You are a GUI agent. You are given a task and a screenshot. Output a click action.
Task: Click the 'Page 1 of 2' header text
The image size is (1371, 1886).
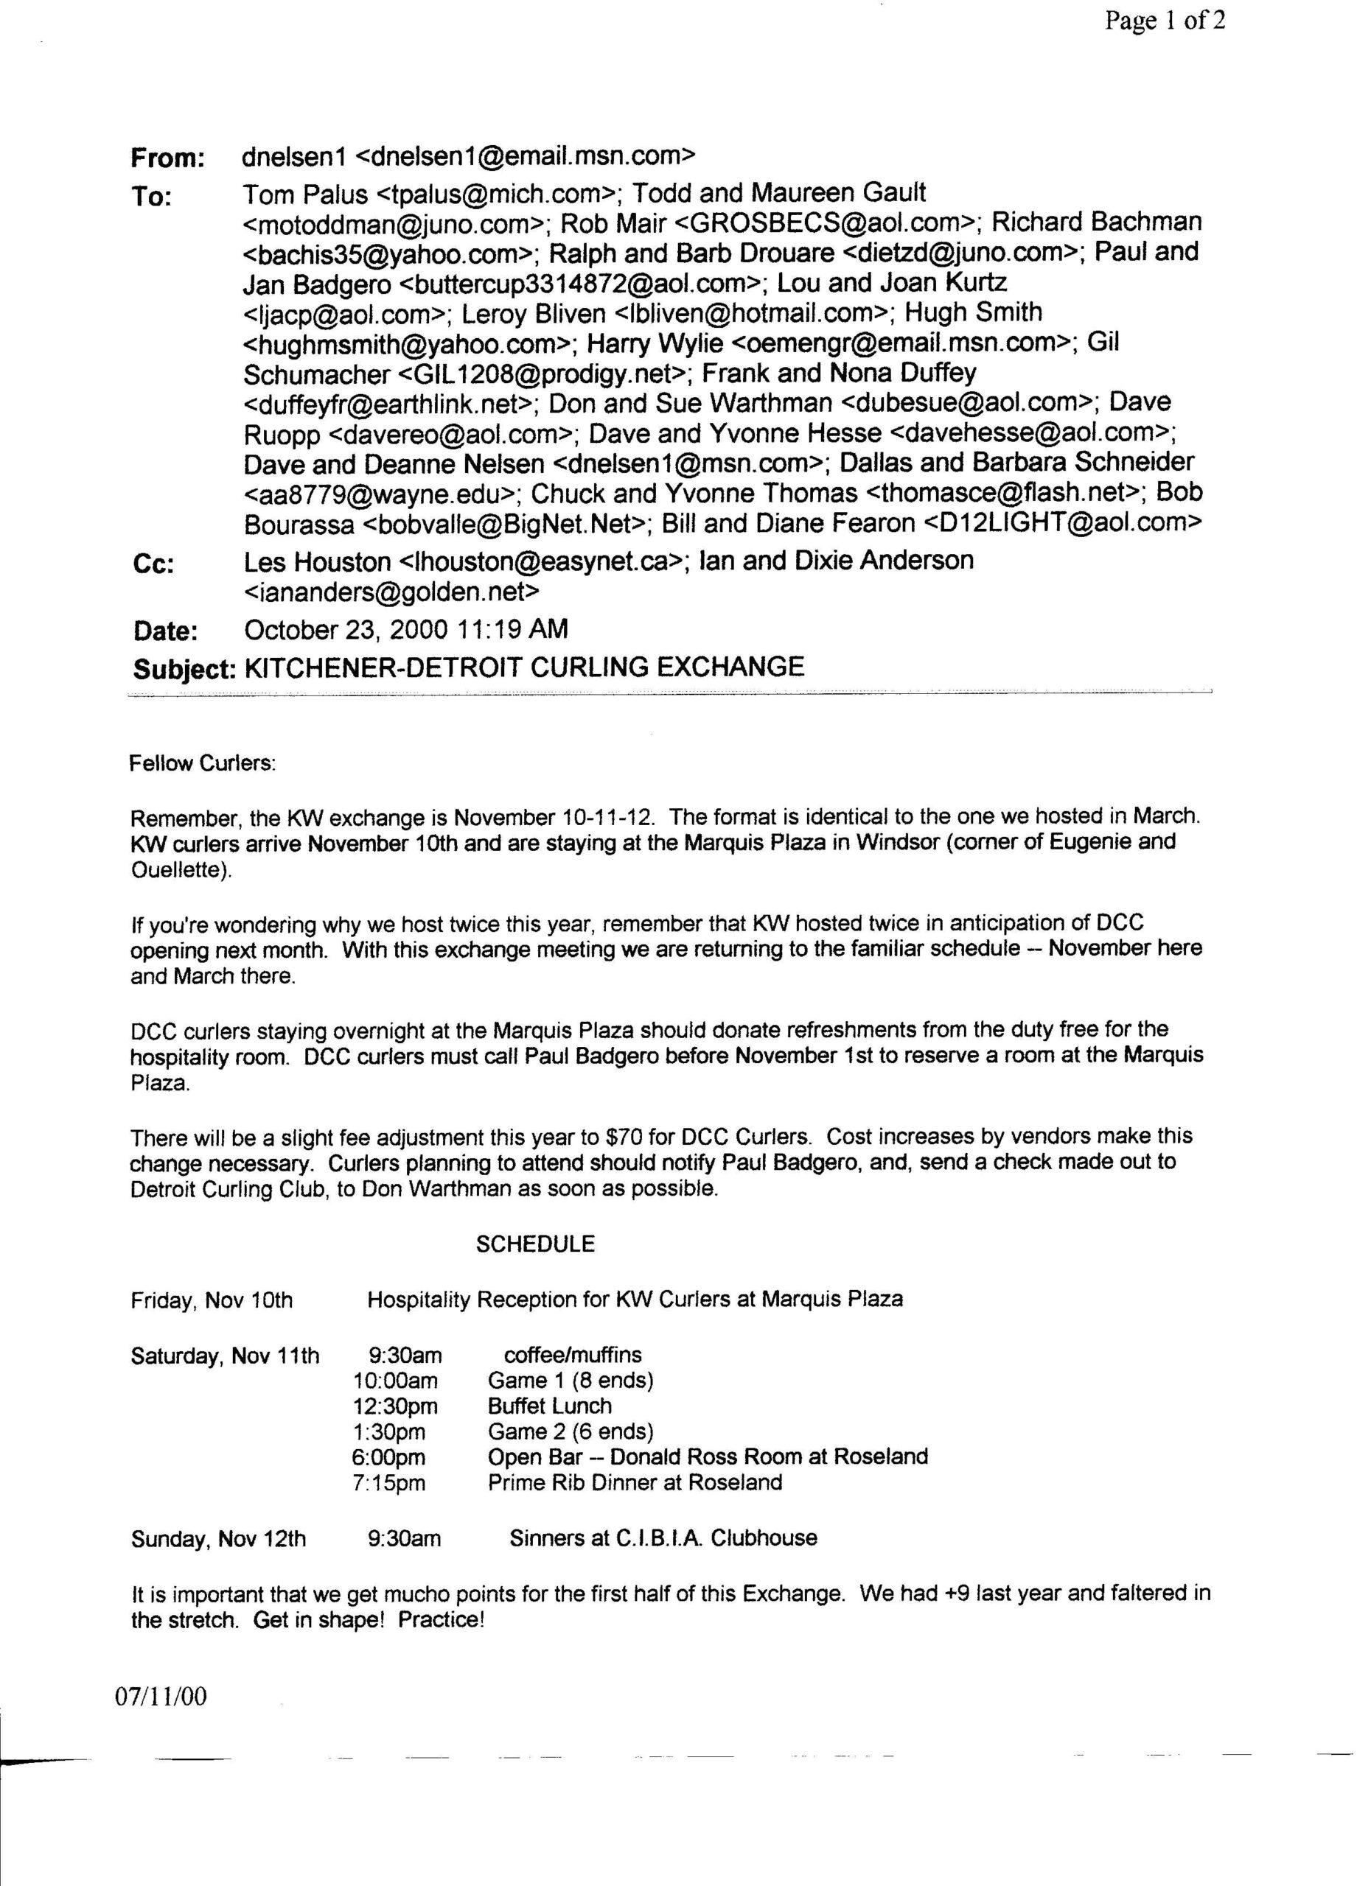(1164, 21)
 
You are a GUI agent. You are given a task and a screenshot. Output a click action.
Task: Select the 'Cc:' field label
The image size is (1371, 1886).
(153, 564)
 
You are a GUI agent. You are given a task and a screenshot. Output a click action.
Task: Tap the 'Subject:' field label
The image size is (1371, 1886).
(183, 670)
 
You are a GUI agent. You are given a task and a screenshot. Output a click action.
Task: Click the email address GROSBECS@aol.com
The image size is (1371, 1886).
(841, 224)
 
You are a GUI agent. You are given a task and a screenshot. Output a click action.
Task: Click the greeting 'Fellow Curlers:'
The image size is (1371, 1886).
(202, 763)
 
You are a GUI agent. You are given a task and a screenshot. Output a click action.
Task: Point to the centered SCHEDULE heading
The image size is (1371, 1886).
(535, 1244)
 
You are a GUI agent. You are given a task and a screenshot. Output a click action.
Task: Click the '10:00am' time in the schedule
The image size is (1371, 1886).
(395, 1381)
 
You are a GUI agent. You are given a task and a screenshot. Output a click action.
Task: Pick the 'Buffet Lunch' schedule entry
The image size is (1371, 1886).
(549, 1407)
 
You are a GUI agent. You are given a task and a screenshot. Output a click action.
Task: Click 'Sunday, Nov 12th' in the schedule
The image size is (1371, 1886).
(218, 1539)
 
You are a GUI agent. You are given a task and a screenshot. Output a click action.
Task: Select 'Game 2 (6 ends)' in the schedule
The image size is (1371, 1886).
(570, 1432)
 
